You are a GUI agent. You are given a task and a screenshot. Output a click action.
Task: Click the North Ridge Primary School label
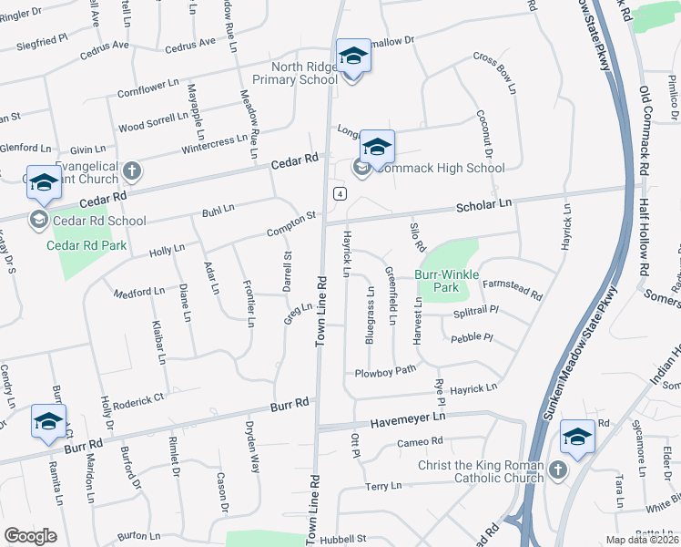click(293, 73)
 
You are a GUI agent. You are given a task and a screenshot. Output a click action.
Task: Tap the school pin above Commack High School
click(377, 148)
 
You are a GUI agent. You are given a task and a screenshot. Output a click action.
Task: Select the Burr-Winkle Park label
click(436, 280)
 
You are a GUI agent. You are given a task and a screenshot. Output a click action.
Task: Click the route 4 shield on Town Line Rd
click(338, 193)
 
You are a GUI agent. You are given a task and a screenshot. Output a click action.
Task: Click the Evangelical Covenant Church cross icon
click(132, 170)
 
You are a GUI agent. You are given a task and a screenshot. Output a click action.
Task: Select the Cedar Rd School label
click(100, 220)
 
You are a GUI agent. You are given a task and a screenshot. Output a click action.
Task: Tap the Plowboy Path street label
click(385, 370)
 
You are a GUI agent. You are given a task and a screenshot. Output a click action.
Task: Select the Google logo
click(30, 535)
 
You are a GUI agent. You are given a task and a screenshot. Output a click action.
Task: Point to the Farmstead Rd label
click(512, 290)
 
